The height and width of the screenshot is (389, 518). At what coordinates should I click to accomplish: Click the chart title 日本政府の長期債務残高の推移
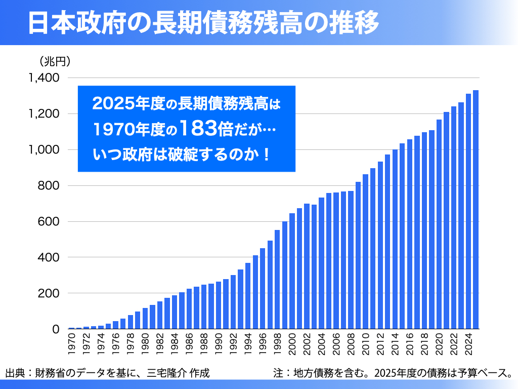[202, 23]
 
